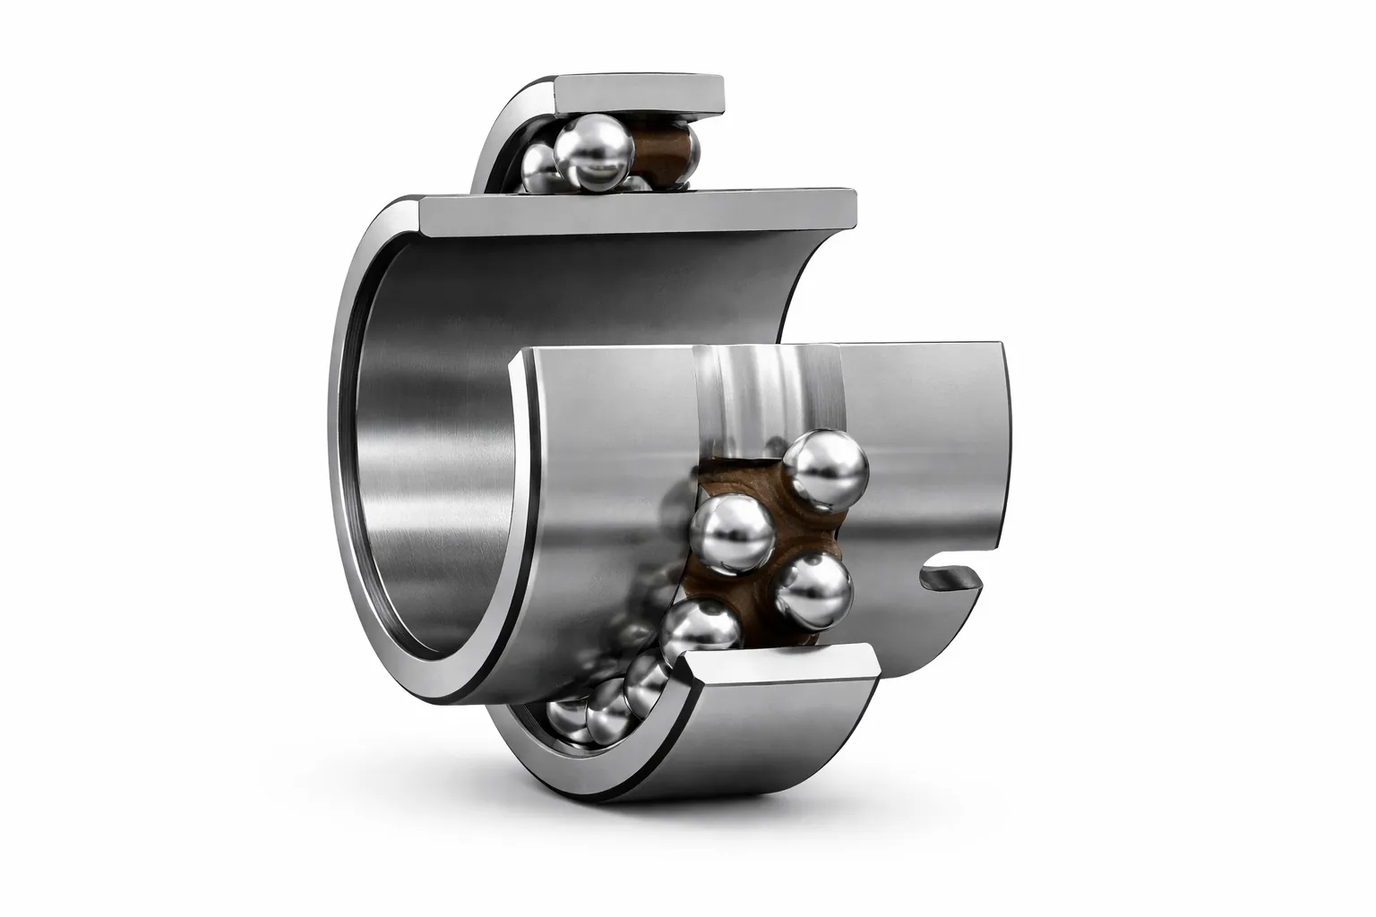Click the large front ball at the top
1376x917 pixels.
590,155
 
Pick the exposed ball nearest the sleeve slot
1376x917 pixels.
813,592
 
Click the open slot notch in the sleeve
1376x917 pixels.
950,579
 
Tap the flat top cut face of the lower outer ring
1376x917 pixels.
779,671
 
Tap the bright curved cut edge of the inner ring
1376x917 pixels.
520,501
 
